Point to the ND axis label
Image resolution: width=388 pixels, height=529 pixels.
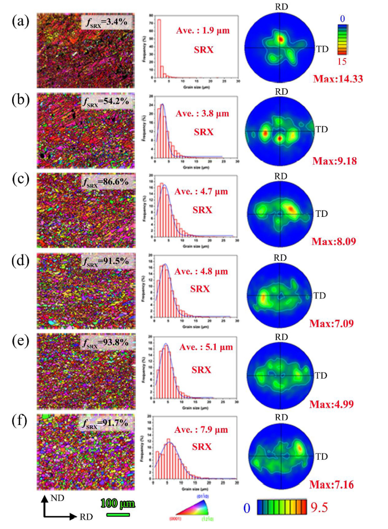tap(58, 498)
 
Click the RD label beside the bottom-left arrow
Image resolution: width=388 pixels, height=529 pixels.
tap(86, 516)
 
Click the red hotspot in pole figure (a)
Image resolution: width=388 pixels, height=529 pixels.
tap(281, 38)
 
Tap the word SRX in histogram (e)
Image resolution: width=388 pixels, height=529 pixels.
tap(202, 370)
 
